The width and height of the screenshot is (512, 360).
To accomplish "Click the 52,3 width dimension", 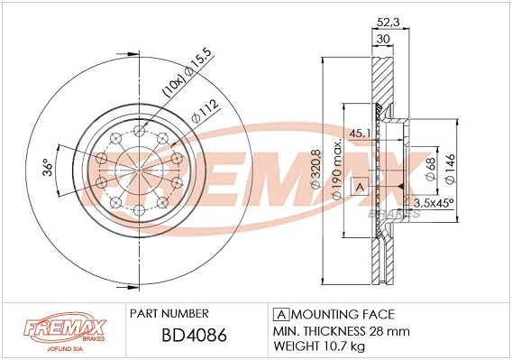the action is [x=389, y=23].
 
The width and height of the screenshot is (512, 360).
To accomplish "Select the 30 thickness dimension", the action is [x=383, y=39].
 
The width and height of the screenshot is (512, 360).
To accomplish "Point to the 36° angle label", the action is [x=48, y=168].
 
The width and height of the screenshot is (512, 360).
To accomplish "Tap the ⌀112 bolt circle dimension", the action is [x=205, y=111].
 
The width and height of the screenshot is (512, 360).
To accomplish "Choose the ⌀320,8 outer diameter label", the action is [x=315, y=170].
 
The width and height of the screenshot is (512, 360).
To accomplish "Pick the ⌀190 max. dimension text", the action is [x=336, y=169].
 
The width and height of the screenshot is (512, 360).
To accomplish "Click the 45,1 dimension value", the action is [x=360, y=134].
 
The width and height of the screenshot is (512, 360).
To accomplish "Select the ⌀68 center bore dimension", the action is [x=430, y=169].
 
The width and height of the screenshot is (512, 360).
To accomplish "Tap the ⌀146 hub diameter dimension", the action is [x=450, y=169].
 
